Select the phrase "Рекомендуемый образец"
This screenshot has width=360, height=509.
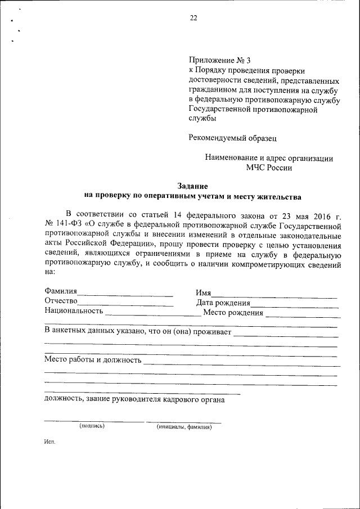232,137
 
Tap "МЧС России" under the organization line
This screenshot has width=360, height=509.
269,167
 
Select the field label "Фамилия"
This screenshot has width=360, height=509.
61,292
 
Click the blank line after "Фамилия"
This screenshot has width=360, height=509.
125,294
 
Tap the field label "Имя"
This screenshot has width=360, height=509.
203,293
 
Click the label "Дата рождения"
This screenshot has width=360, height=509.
223,303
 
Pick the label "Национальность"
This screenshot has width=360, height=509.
74,311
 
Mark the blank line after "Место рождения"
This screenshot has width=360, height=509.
301,315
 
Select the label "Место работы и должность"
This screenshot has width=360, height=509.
92,359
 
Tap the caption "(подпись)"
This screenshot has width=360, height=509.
92,426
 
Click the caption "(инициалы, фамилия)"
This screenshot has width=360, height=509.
183,427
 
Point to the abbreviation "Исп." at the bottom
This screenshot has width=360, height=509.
49,442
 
